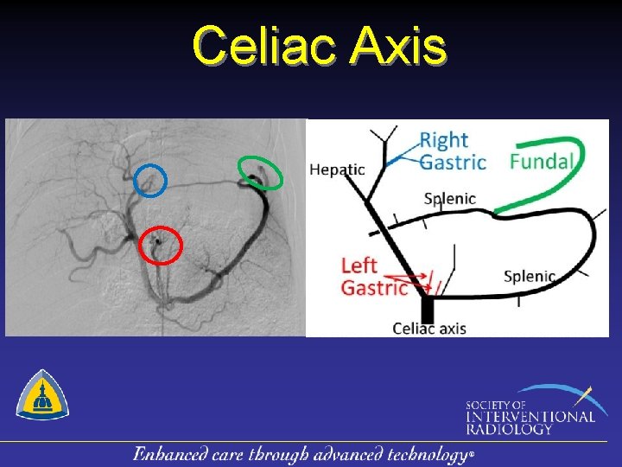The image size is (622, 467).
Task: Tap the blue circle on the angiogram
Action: pyautogui.click(x=150, y=179)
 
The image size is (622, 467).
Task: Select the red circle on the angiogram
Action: pyautogui.click(x=161, y=246)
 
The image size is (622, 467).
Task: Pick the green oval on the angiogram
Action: pyautogui.click(x=260, y=172)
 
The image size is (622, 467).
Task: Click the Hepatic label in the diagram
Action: pyautogui.click(x=337, y=170)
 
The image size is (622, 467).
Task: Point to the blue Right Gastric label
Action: pyautogui.click(x=452, y=150)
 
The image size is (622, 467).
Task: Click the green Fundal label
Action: pyautogui.click(x=543, y=161)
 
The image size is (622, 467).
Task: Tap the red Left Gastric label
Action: pyautogui.click(x=373, y=276)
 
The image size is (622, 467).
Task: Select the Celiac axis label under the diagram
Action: pyautogui.click(x=429, y=328)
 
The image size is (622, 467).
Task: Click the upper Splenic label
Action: pyautogui.click(x=449, y=199)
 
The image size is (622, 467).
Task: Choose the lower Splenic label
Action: pyautogui.click(x=529, y=277)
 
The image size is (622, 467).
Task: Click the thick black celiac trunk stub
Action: pyautogui.click(x=427, y=308)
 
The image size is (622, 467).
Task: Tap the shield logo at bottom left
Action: pyautogui.click(x=42, y=394)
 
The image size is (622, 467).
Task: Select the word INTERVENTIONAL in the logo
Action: pyautogui.click(x=530, y=417)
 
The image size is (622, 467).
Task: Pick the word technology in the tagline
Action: pyautogui.click(x=428, y=454)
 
